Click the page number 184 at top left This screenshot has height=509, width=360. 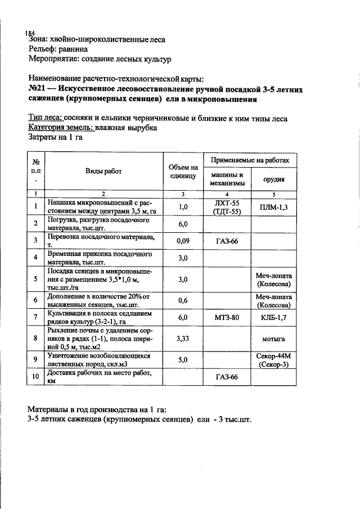coord(30,33)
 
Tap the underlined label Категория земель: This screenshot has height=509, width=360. coord(60,128)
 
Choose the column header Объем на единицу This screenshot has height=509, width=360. coord(183,172)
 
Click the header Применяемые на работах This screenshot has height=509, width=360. coord(250,160)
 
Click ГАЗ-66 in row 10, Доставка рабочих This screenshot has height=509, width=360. coord(227,376)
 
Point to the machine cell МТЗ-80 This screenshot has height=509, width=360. coord(227,318)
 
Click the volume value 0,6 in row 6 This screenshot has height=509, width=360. coord(183,300)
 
